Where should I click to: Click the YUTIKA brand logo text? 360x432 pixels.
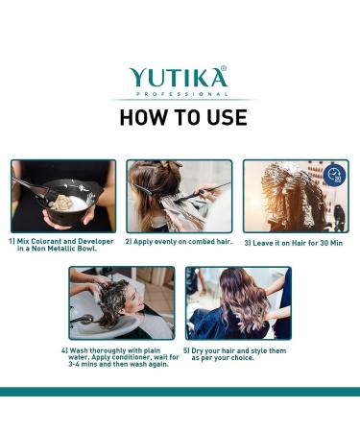coord(178,77)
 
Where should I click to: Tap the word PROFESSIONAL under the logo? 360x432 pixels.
coord(182,94)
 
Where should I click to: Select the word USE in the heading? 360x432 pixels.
coord(228,117)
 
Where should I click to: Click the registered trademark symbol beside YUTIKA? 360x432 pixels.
coord(224,68)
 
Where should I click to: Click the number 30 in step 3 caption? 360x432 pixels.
coord(324,243)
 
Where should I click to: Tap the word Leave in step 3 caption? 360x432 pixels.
coord(261,243)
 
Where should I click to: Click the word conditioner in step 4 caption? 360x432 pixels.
coord(131,357)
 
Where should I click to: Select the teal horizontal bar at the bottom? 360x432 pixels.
coord(180,392)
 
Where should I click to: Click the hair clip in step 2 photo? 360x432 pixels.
coord(146,189)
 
